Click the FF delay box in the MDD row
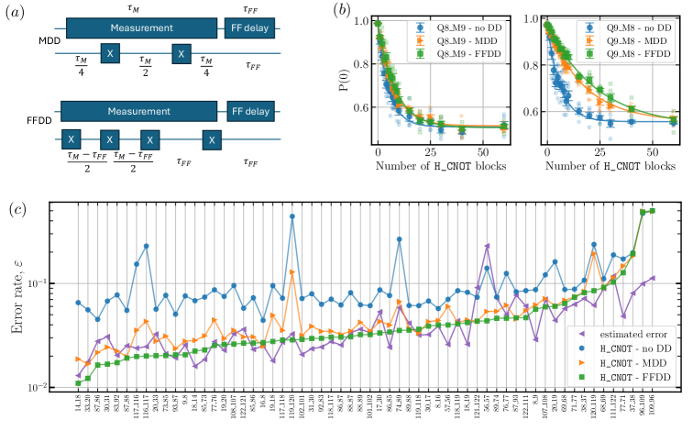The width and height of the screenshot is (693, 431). pos(248,28)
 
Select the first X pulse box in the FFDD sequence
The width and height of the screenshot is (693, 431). pos(70,140)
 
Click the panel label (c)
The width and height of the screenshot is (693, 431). pos(17,206)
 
